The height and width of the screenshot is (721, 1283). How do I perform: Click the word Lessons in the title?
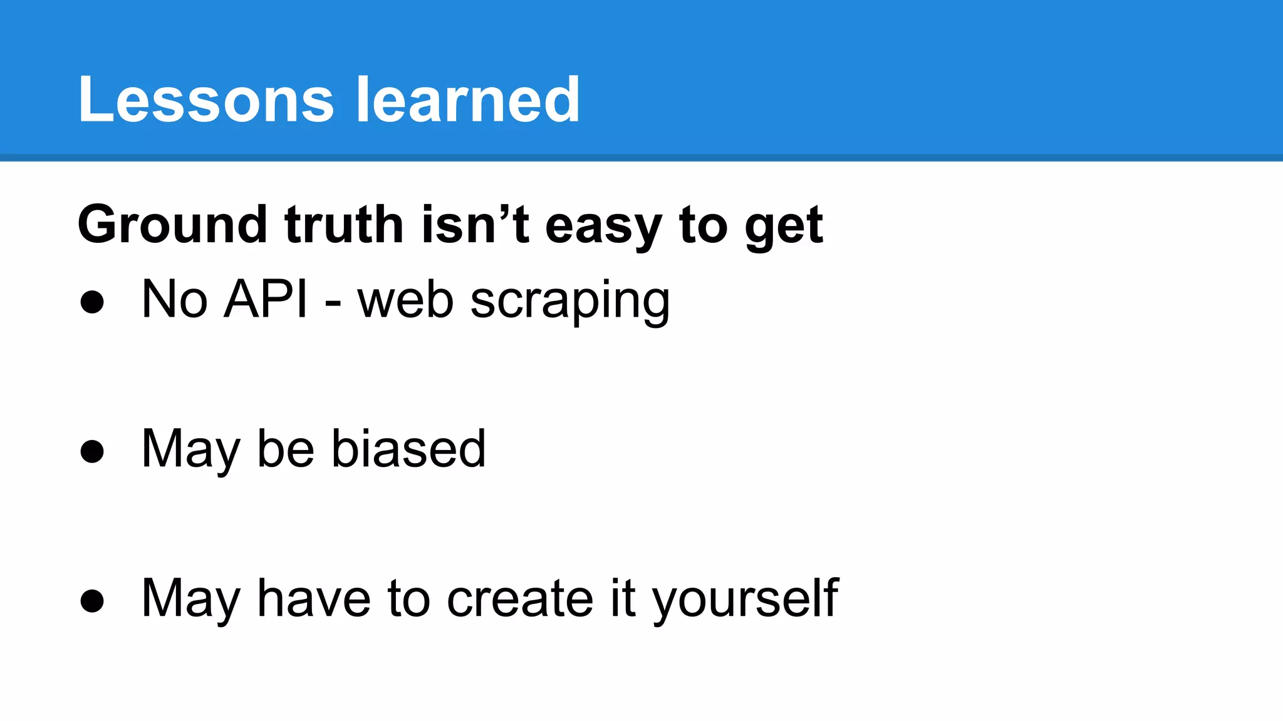pyautogui.click(x=206, y=100)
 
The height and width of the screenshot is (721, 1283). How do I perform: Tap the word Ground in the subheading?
pyautogui.click(x=172, y=225)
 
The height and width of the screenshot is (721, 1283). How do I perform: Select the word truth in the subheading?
pyautogui.click(x=344, y=225)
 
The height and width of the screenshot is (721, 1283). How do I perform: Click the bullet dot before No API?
pyautogui.click(x=92, y=302)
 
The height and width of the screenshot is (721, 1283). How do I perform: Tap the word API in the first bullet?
pyautogui.click(x=266, y=299)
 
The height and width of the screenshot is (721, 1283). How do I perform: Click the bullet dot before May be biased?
pyautogui.click(x=92, y=451)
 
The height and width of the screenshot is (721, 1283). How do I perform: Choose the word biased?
pyautogui.click(x=408, y=449)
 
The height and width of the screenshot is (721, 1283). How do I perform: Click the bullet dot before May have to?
pyautogui.click(x=92, y=601)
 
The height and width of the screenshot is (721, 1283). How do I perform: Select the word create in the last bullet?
pyautogui.click(x=519, y=598)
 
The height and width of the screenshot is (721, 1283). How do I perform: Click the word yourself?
pyautogui.click(x=745, y=600)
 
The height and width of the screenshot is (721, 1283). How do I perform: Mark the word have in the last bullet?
pyautogui.click(x=314, y=598)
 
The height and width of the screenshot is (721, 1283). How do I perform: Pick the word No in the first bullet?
pyautogui.click(x=174, y=299)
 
